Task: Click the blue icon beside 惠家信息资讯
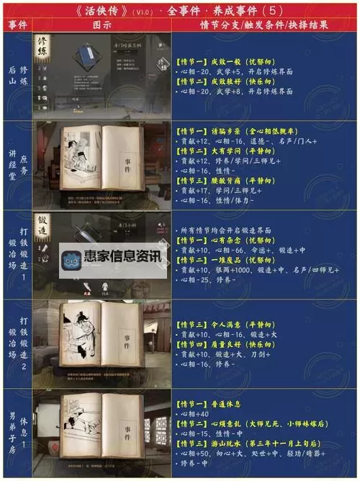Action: pyautogui.click(x=70, y=258)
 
